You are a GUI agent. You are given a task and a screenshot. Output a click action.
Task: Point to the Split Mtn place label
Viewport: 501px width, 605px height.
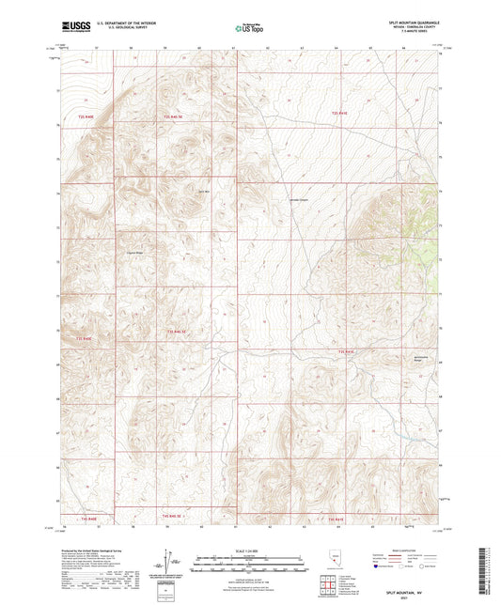click(x=202, y=193)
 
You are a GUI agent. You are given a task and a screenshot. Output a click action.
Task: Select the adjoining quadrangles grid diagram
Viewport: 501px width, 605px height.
click(x=326, y=585)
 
